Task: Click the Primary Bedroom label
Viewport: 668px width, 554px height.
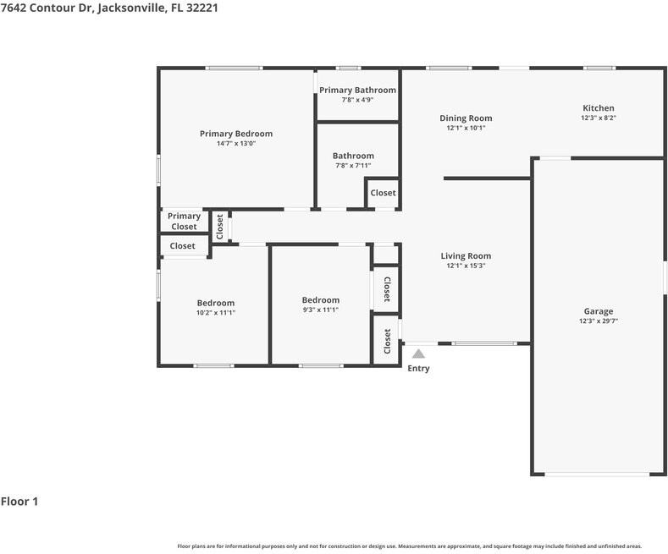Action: [x=236, y=134]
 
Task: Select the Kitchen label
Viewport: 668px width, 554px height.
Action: [x=598, y=108]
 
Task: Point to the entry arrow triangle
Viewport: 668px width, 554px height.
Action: [x=418, y=354]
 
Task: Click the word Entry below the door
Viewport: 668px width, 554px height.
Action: [x=418, y=369]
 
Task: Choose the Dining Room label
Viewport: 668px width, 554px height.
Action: [x=466, y=118]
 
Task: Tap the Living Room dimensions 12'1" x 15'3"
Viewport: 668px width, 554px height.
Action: [x=466, y=266]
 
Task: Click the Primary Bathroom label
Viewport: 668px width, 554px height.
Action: [x=357, y=91]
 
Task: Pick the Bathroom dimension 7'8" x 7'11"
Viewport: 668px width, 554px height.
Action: [x=353, y=166]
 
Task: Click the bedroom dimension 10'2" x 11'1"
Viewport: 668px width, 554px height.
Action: [x=216, y=313]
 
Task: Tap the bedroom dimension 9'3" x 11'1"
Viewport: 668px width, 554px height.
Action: [x=321, y=310]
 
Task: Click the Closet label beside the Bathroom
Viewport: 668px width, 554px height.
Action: [x=383, y=193]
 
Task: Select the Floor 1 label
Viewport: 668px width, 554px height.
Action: [x=19, y=502]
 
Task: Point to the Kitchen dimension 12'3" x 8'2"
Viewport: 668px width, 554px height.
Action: [x=598, y=118]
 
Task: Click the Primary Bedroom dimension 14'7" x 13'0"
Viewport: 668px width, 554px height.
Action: [x=236, y=144]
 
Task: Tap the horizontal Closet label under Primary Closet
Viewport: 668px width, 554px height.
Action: [x=182, y=246]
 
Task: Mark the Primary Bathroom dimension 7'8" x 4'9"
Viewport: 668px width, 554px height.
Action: [x=357, y=100]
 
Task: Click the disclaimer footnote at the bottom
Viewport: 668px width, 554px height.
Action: [x=409, y=546]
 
